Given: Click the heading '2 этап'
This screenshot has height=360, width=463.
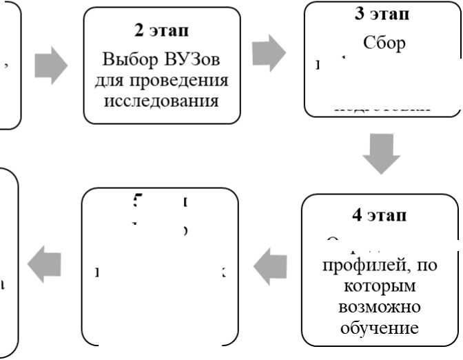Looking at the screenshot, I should pyautogui.click(x=161, y=31).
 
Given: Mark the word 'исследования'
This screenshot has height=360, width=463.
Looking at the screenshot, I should pyautogui.click(x=161, y=101).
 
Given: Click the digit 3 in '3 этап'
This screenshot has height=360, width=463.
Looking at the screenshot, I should pyautogui.click(x=359, y=14).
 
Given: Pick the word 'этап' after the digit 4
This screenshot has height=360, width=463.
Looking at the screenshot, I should pyautogui.click(x=389, y=214).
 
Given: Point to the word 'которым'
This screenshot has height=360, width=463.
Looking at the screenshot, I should pyautogui.click(x=380, y=285).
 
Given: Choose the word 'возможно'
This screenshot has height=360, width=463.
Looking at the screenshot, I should pyautogui.click(x=380, y=306).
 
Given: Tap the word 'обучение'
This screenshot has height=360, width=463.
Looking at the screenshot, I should pyautogui.click(x=380, y=326).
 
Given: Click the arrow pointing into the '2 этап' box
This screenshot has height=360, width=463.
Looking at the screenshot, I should pyautogui.click(x=51, y=67).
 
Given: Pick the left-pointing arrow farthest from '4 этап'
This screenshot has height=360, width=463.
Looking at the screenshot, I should pyautogui.click(x=44, y=264).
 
